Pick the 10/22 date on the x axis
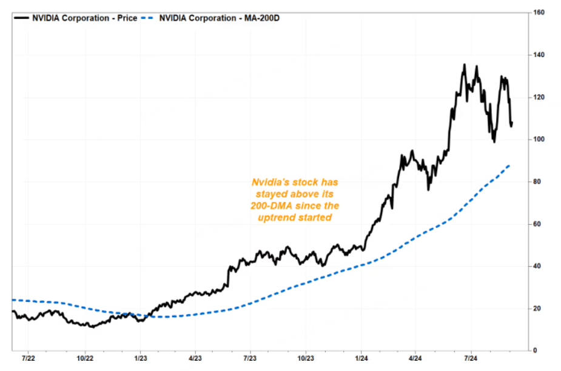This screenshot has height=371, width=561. pos(85,359)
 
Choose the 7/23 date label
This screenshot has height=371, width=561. pos(250,359)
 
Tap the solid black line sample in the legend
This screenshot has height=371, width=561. pos(22,18)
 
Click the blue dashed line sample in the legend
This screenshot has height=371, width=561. pos(149,18)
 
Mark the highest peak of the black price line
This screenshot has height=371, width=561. pos(465,64)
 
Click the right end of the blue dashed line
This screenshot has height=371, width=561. pos(509,165)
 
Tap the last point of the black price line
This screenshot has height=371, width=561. pos(512,123)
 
